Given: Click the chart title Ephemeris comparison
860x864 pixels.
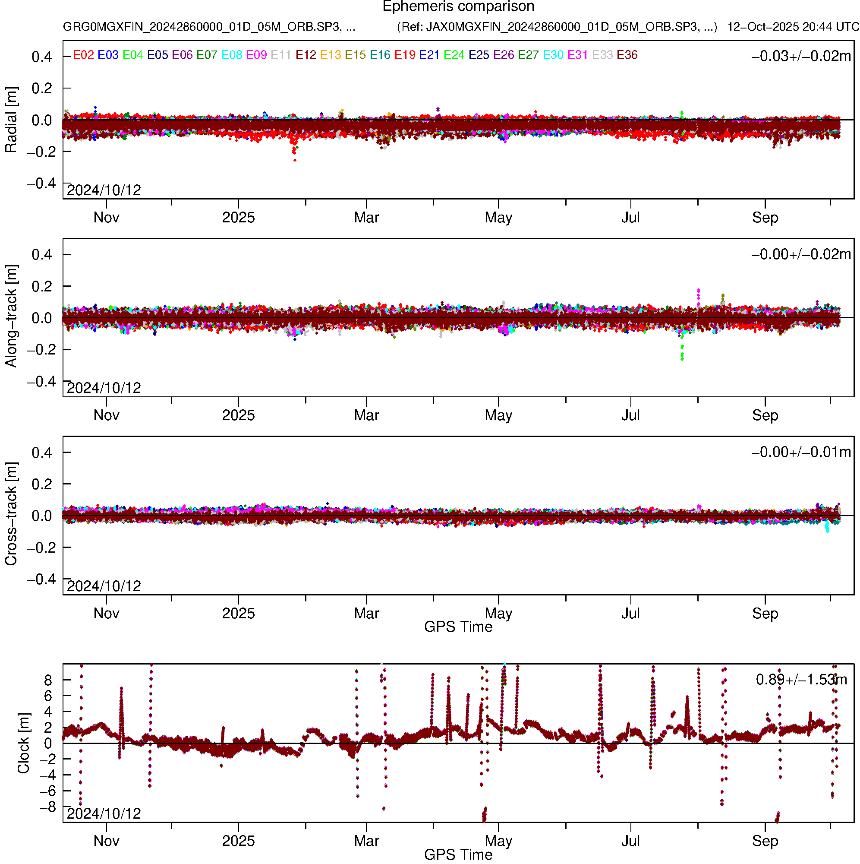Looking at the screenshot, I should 458,7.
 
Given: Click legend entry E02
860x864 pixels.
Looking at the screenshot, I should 83,55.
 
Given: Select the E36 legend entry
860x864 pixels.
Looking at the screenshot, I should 627,55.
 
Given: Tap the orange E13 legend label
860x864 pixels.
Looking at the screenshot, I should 331,55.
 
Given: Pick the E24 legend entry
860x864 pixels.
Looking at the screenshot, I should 454,55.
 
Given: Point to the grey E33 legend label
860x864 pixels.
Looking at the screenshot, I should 602,55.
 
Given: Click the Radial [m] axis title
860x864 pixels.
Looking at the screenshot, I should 11,120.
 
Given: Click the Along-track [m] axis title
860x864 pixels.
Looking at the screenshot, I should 11,316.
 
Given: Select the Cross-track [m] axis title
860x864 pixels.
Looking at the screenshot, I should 11,514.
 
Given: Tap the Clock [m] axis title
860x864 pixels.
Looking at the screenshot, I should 23,743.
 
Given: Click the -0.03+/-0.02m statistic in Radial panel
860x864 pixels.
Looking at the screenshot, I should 801,56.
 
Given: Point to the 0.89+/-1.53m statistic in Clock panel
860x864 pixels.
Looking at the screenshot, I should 801,680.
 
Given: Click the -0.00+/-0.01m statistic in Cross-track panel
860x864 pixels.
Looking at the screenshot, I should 801,452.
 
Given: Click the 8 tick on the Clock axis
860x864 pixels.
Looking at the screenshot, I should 48,680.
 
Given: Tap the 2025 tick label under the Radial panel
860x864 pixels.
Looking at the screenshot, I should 238,218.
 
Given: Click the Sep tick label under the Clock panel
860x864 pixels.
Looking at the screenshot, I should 765,841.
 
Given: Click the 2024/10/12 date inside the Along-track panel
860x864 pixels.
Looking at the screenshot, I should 104,388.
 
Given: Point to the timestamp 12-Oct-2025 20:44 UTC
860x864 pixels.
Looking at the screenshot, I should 793,27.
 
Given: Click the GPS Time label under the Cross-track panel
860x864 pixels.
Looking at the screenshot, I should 458,627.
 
